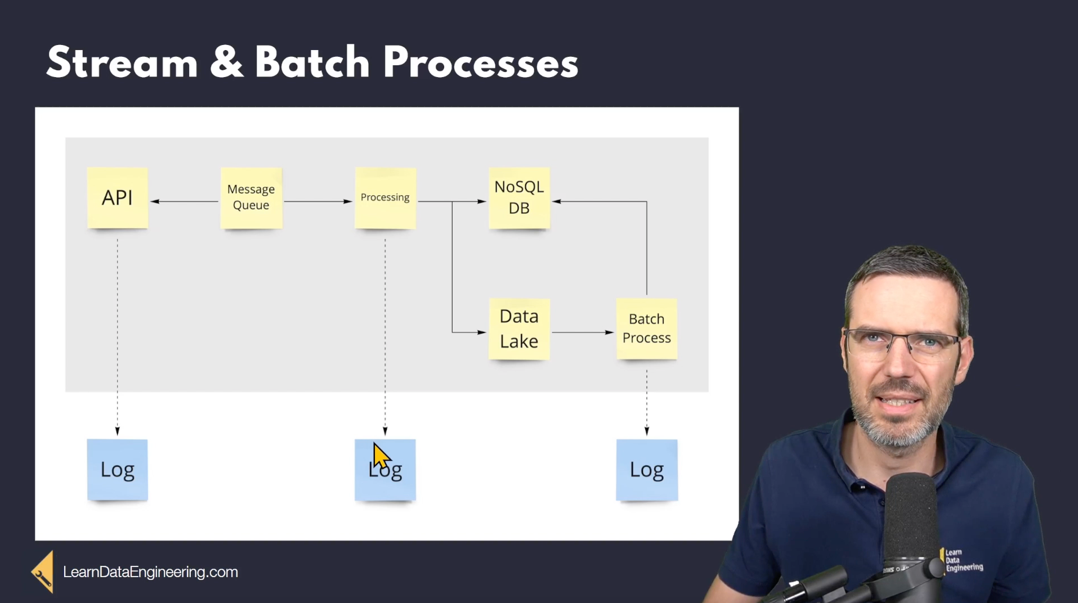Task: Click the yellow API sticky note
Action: click(118, 197)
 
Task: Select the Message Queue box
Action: click(251, 197)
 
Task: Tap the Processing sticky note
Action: click(386, 197)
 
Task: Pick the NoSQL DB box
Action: click(519, 197)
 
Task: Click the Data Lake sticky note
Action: click(519, 329)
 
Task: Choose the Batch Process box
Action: click(647, 329)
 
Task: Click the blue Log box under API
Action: click(117, 470)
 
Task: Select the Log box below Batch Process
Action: click(647, 470)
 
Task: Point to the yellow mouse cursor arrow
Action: click(381, 456)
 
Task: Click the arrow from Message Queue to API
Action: click(185, 201)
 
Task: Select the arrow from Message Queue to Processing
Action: click(318, 201)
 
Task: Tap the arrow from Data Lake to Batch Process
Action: click(583, 332)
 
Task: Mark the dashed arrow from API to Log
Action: click(118, 337)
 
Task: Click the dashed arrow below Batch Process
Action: click(647, 403)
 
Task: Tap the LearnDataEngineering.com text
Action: click(150, 572)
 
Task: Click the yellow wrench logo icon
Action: click(43, 572)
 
